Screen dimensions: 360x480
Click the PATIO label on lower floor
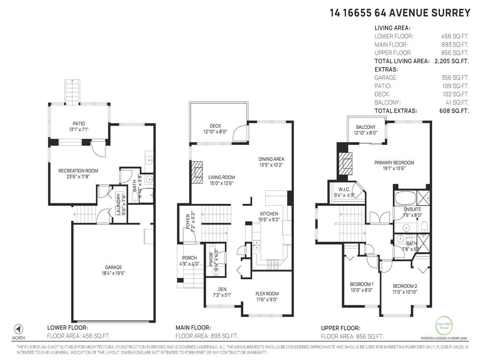78,123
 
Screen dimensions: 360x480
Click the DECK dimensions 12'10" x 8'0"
215,132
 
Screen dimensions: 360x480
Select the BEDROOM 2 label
405,286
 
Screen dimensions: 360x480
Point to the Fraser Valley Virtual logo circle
443,325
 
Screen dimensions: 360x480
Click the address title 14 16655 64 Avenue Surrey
400,13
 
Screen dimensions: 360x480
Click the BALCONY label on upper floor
366,127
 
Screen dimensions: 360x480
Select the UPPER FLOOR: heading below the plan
340,328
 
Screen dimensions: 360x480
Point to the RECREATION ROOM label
78,171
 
